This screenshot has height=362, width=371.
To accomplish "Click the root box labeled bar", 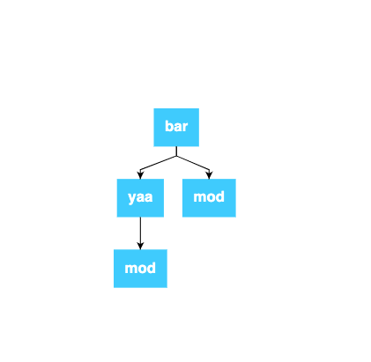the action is [x=176, y=127].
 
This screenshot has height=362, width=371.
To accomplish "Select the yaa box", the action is [x=140, y=198].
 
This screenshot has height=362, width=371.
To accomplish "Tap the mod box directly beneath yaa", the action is [x=140, y=269].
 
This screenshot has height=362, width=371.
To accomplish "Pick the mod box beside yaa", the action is [x=209, y=198].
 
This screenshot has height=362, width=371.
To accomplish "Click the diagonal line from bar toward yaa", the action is [x=158, y=163].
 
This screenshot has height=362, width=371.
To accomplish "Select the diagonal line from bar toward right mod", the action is [x=193, y=163].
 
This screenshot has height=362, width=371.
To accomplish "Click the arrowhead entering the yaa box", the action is [x=140, y=175].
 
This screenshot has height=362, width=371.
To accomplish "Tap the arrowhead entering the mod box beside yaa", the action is [x=209, y=175].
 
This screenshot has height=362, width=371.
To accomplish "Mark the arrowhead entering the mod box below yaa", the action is [x=140, y=246].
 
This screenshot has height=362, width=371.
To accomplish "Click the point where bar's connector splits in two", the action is [x=176, y=156].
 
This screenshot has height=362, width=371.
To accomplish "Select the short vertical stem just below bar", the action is [x=176, y=151].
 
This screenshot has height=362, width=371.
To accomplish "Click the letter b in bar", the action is [x=168, y=126].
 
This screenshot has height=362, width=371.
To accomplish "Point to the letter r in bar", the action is [x=185, y=128].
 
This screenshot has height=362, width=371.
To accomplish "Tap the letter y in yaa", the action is [x=132, y=198].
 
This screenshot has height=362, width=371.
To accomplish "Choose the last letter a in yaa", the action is [x=149, y=197].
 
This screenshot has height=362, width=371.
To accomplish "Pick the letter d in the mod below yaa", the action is [x=152, y=268].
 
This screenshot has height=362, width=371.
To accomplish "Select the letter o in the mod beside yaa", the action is [x=211, y=198].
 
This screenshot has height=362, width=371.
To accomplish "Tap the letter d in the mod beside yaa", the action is [x=220, y=196].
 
